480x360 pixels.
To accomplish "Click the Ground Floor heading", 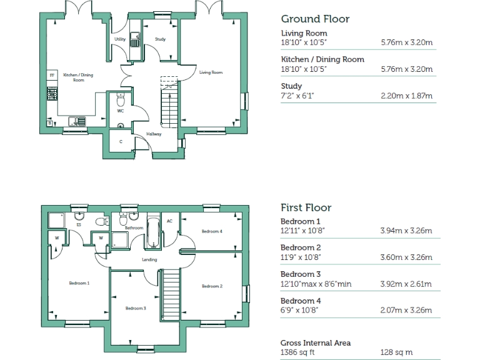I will tap(315, 19).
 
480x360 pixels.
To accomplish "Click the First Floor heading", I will tap(306, 207).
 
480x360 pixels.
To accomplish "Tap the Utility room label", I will tap(120, 39).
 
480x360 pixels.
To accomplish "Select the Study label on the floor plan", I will tap(160, 39).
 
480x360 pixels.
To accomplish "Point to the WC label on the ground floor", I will tap(121, 111).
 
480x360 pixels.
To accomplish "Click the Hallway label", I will tap(154, 134).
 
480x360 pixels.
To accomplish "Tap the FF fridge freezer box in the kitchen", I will tap(52, 76).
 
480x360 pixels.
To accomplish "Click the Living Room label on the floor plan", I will tap(211, 72).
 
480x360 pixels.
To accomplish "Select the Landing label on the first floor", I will tap(149, 259).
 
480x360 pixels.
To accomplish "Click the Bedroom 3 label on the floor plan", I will tap(136, 308).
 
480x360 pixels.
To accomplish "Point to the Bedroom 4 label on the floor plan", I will tap(211, 231).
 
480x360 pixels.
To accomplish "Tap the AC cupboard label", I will tap(169, 221).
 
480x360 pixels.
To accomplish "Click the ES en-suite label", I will tap(79, 224).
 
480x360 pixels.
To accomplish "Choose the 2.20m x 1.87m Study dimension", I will tap(407, 96).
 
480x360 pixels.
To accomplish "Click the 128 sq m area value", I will tap(396, 352).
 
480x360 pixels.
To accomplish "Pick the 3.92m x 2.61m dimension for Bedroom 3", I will tap(406, 284).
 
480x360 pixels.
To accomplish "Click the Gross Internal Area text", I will tap(316, 342).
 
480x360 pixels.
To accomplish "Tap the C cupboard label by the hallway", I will tap(121, 141).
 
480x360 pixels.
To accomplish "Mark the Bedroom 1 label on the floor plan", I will tap(79, 283).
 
